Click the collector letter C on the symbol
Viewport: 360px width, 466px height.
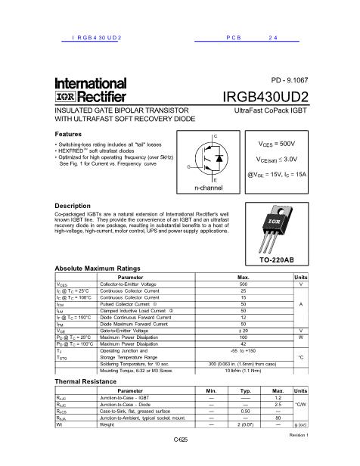point(216,135)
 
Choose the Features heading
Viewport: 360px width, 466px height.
point(70,133)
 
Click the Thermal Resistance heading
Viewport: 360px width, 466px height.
point(85,382)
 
